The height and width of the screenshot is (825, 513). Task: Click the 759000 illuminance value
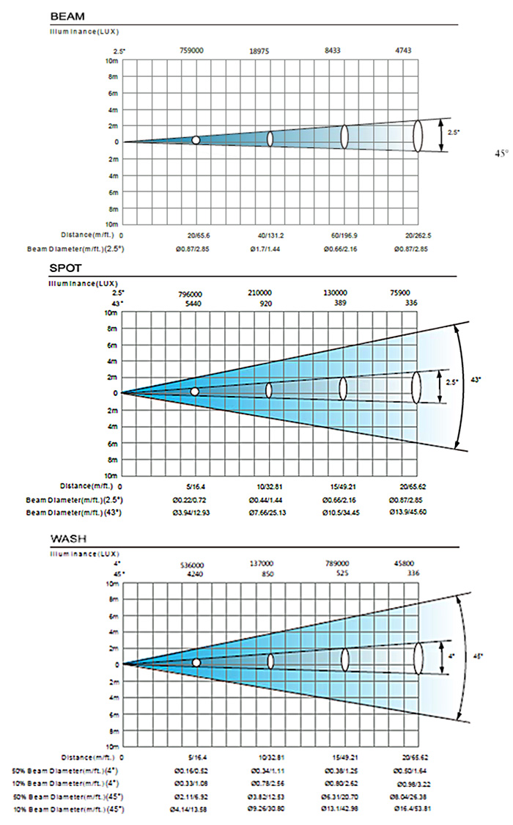click(x=192, y=51)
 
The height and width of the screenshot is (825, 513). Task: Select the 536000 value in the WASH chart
click(x=192, y=565)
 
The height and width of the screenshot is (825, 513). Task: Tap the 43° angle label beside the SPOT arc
click(x=476, y=379)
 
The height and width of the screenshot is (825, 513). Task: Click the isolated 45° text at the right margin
click(x=501, y=154)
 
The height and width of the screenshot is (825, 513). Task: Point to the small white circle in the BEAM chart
click(x=196, y=140)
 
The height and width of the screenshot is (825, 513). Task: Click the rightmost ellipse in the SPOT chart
click(x=416, y=386)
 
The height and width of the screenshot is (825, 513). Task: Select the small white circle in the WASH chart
click(x=196, y=662)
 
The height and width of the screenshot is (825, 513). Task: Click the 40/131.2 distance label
click(x=267, y=235)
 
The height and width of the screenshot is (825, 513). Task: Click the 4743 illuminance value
click(x=402, y=51)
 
